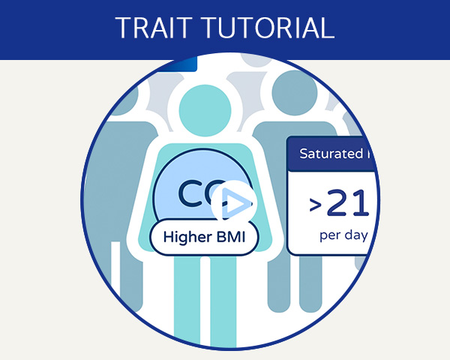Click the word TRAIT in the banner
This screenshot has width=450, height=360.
[152, 28]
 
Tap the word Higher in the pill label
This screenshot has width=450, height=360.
[187, 238]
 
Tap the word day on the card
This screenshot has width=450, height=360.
[356, 235]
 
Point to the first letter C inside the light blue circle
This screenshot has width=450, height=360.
[190, 193]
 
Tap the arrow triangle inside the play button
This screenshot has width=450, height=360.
[234, 202]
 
